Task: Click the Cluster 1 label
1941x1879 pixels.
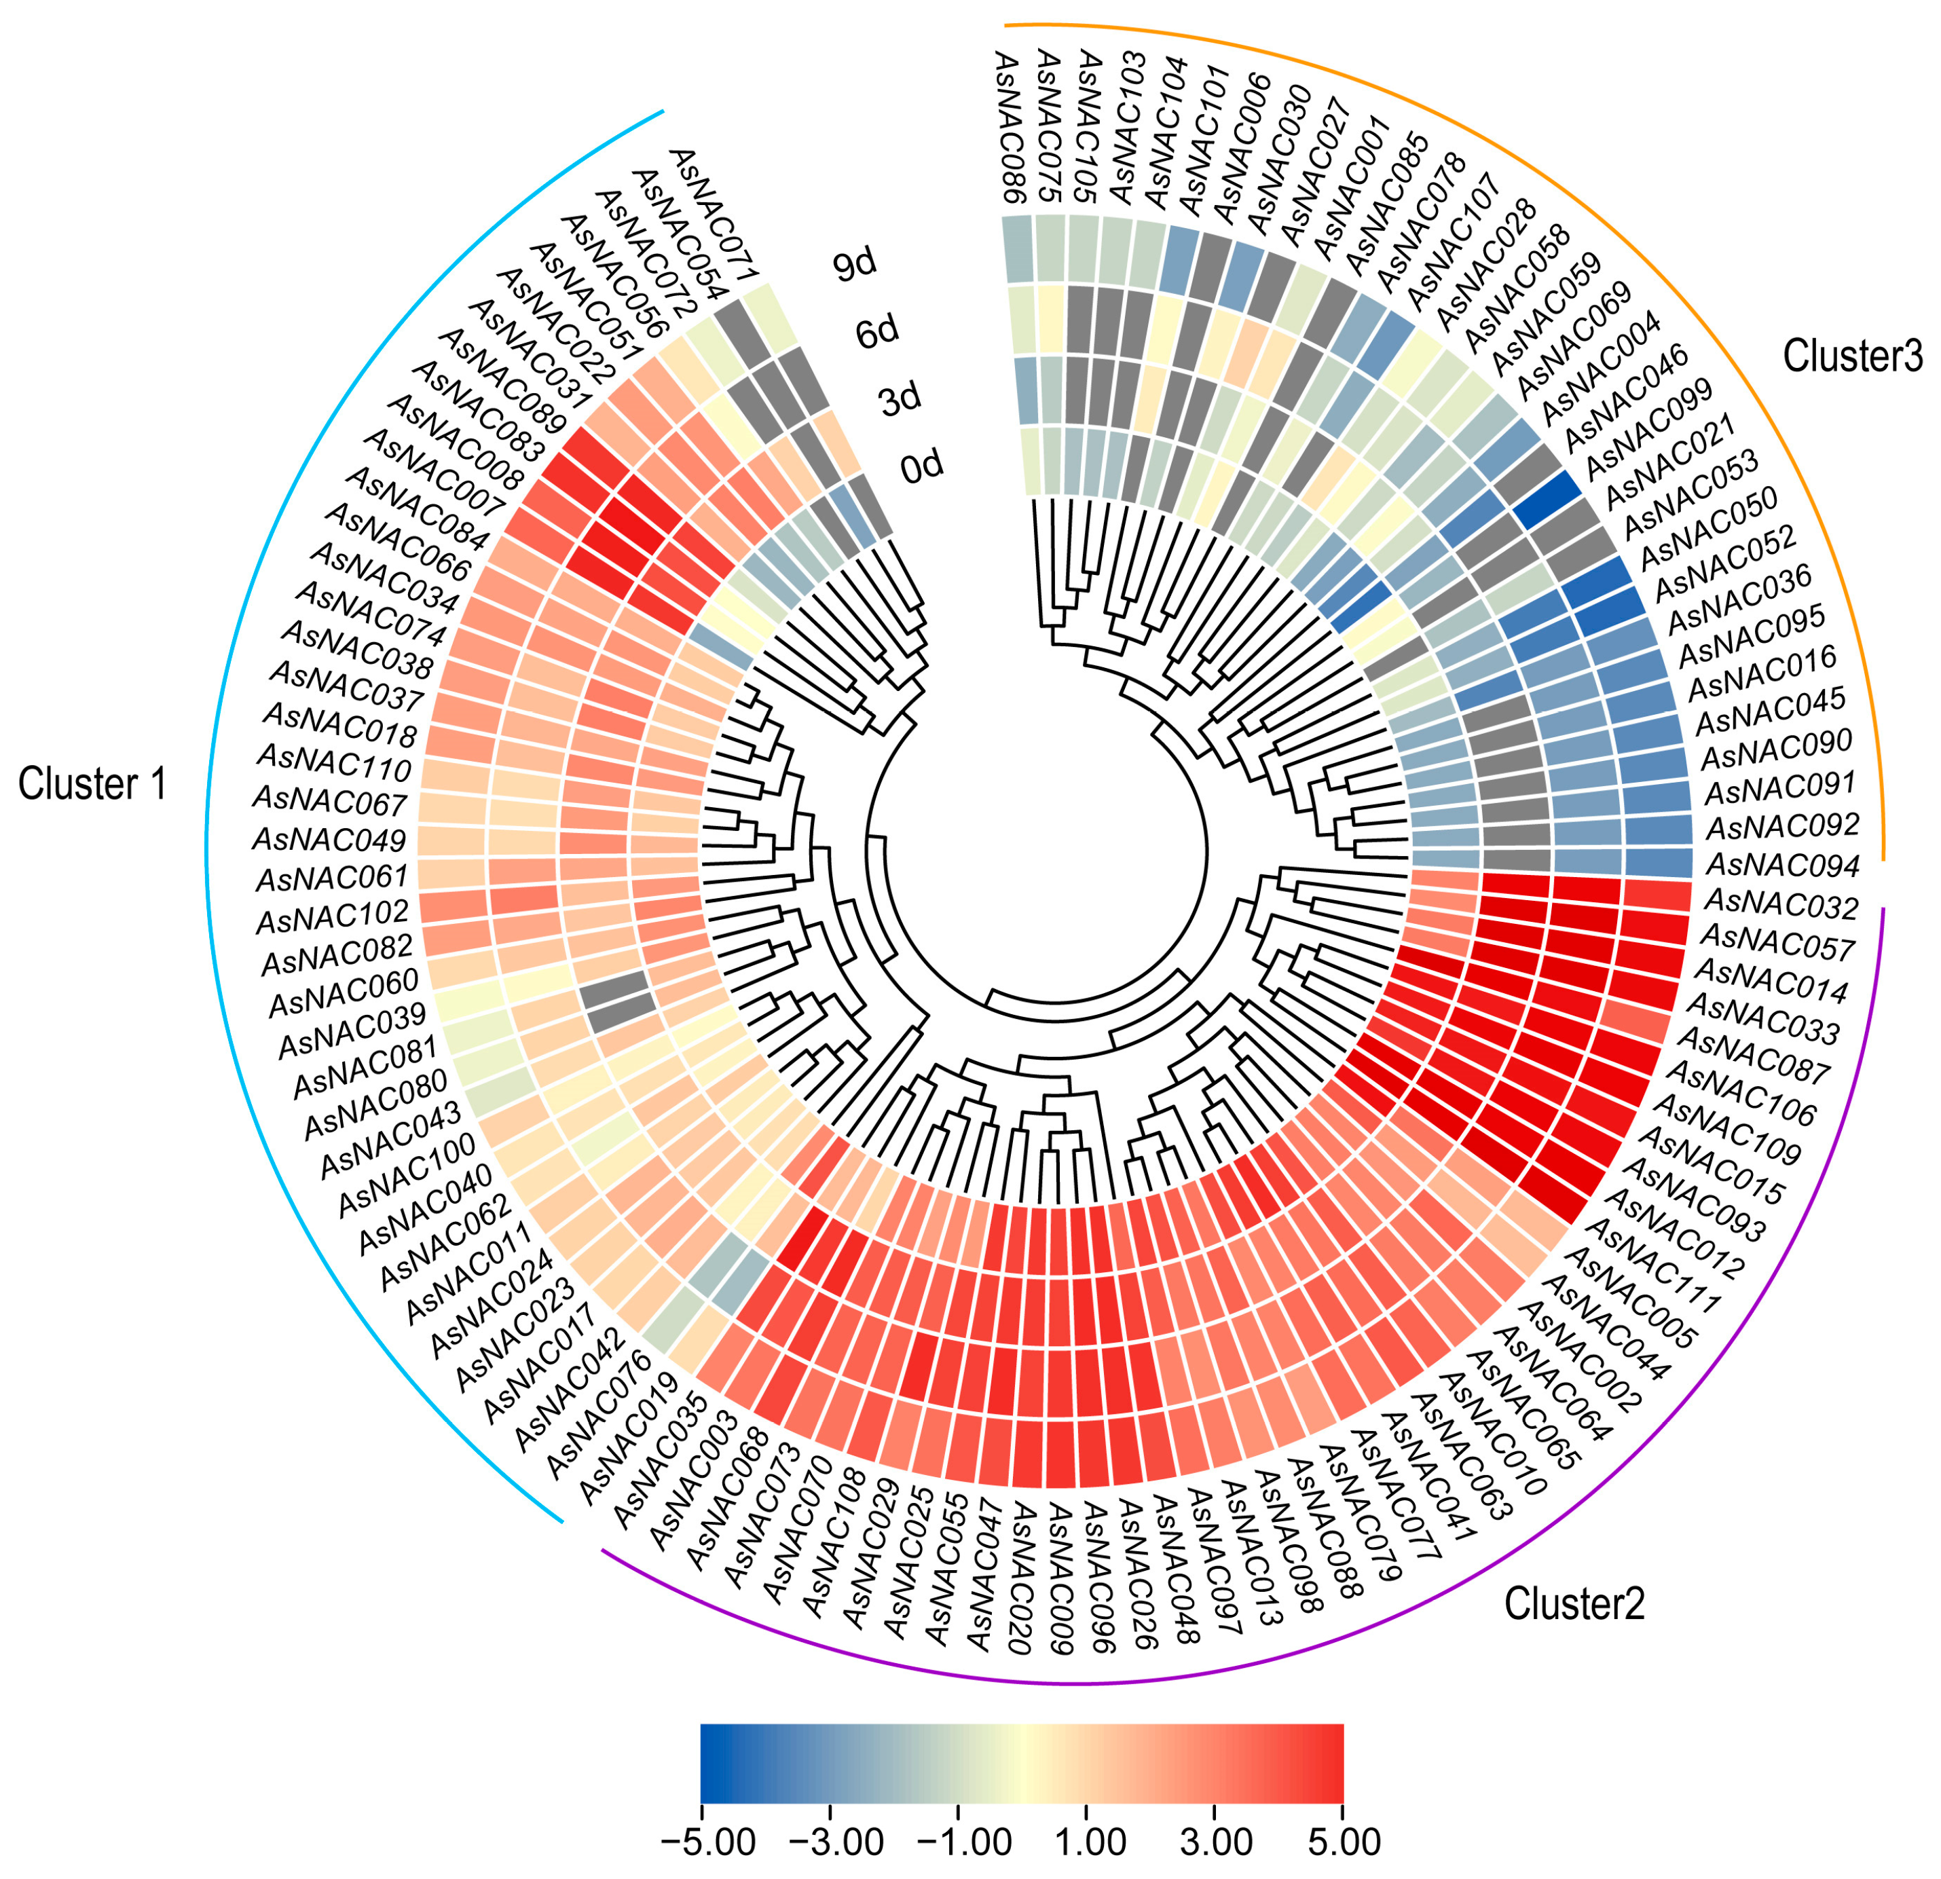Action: [92, 784]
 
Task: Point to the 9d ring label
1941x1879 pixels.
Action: [853, 265]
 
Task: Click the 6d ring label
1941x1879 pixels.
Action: [877, 332]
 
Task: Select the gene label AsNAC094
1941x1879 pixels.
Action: [1783, 866]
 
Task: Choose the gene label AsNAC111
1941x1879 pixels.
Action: [1664, 1276]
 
